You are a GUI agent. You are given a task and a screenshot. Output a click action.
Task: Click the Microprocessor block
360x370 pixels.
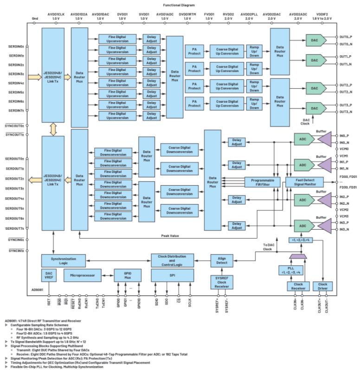(83, 275)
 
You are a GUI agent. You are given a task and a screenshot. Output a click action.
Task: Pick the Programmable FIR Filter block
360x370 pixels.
(263, 182)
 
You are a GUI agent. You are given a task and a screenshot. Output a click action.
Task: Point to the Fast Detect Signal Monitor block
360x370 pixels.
(304, 182)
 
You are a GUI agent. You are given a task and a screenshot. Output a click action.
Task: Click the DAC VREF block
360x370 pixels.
(49, 275)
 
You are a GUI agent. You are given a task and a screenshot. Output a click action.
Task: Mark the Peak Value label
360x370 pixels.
(170, 236)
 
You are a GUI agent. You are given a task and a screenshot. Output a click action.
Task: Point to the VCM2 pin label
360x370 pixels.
(343, 210)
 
